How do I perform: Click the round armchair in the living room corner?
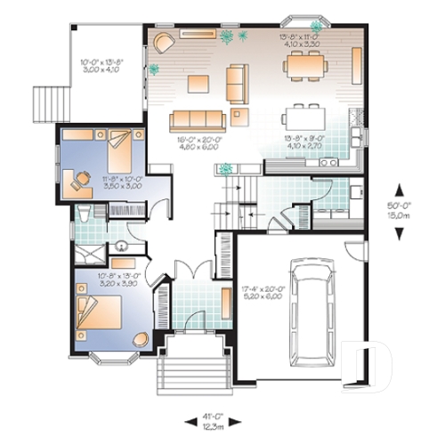[x=164, y=43]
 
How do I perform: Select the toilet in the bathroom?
[x=83, y=214]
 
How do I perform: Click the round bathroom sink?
[x=121, y=248]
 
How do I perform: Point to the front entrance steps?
[x=189, y=368]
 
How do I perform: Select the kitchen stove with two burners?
[x=325, y=163]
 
